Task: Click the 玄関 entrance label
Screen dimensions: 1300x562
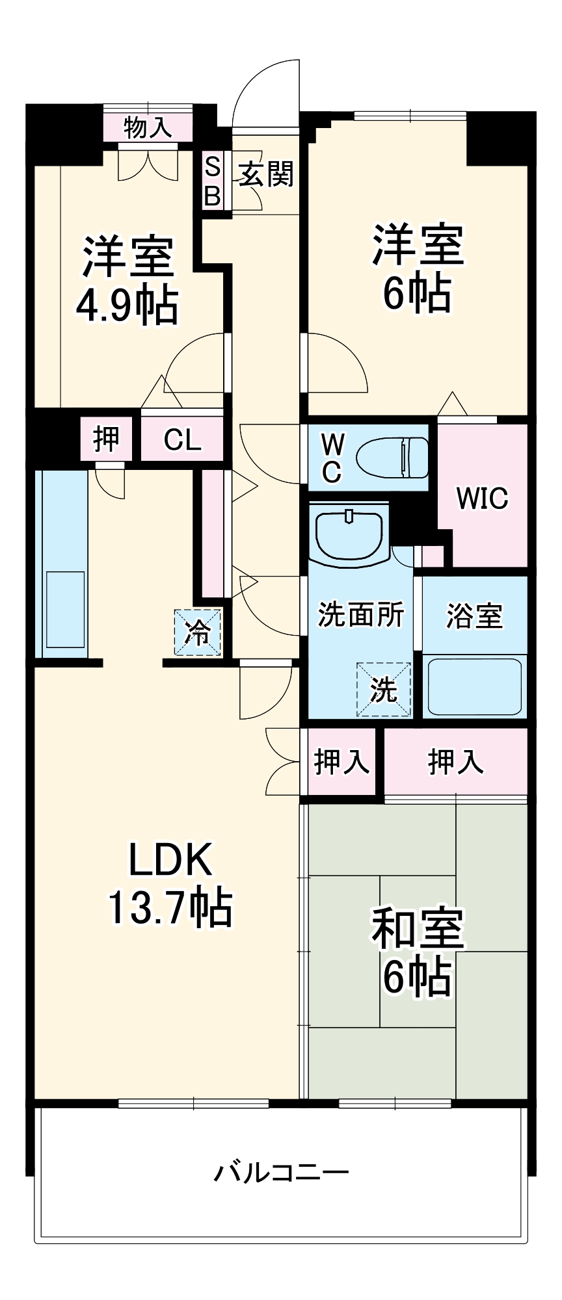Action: pyautogui.click(x=266, y=174)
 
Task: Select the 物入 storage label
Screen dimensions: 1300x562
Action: pyautogui.click(x=148, y=127)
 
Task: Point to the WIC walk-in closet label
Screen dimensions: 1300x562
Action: pyautogui.click(x=482, y=499)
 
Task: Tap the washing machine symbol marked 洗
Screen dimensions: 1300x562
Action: pyautogui.click(x=384, y=690)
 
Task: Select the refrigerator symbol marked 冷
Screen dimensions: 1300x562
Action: pyautogui.click(x=197, y=632)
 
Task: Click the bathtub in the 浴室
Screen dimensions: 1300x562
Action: pyautogui.click(x=474, y=687)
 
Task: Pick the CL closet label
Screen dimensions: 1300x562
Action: pyautogui.click(x=182, y=440)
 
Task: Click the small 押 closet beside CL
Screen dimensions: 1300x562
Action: pyautogui.click(x=106, y=439)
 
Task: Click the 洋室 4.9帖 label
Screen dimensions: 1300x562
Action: pyautogui.click(x=127, y=280)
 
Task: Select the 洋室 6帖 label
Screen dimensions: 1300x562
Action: pyautogui.click(x=417, y=267)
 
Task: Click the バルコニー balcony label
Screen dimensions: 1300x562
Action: pyautogui.click(x=282, y=1173)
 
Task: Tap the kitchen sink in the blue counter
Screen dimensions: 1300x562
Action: pyautogui.click(x=65, y=609)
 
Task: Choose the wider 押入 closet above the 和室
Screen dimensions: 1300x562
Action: pyautogui.click(x=455, y=762)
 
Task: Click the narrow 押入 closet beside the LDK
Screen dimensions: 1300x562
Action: pyautogui.click(x=341, y=761)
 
